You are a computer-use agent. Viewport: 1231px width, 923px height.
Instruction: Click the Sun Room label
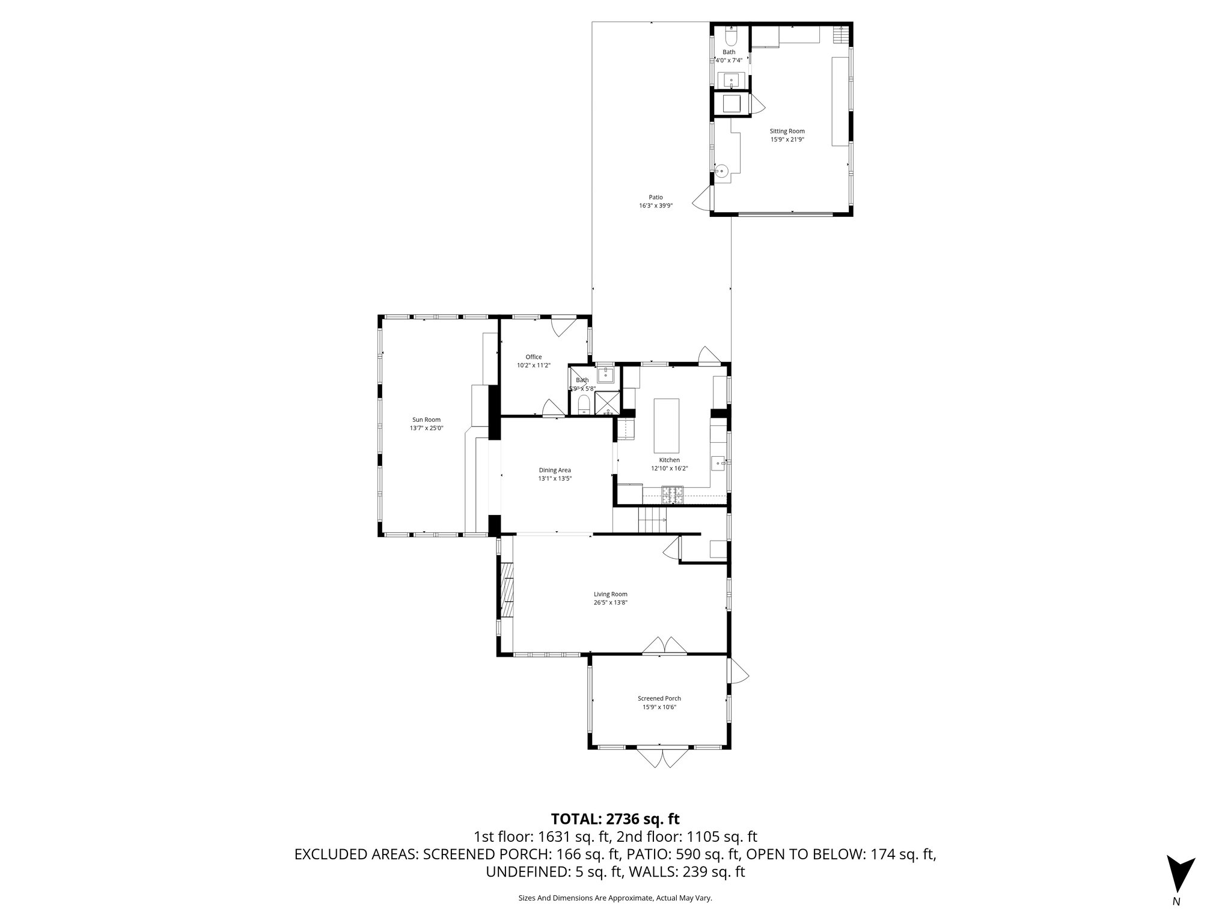[x=426, y=419]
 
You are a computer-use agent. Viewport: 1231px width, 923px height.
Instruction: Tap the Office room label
[x=533, y=357]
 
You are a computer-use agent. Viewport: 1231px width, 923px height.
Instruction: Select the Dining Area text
[x=554, y=471]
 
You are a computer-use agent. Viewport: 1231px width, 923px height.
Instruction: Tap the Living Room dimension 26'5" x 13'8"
[x=611, y=603]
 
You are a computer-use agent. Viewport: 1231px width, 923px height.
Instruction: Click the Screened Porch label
[x=659, y=698]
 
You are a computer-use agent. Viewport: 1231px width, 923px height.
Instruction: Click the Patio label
[x=655, y=197]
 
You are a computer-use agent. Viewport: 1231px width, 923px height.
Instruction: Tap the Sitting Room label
[x=787, y=131]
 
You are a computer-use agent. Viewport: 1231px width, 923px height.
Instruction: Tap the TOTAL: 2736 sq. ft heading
[x=615, y=819]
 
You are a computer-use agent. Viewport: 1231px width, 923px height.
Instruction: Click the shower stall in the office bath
[x=607, y=403]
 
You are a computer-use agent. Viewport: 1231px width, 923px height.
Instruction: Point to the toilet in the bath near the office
[x=582, y=406]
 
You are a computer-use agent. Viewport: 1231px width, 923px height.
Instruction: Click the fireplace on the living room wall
[x=508, y=589]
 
